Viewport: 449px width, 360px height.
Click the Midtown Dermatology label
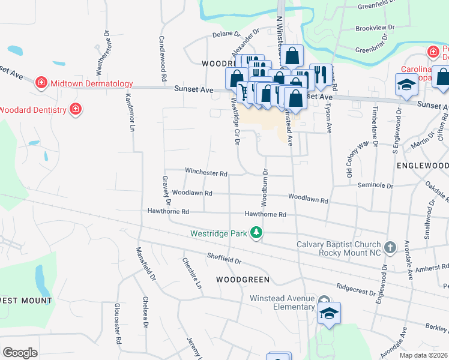[x=92, y=83]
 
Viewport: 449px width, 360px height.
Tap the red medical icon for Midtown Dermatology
[x=41, y=83]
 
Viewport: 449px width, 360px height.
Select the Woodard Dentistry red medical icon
[x=76, y=109]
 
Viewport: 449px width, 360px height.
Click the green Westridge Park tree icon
[x=256, y=233]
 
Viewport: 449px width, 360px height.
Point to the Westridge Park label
[x=218, y=233]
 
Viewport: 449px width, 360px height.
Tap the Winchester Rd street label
[x=206, y=173]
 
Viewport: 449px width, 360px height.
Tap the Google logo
[x=20, y=353]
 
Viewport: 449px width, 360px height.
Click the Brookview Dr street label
[x=375, y=28]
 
